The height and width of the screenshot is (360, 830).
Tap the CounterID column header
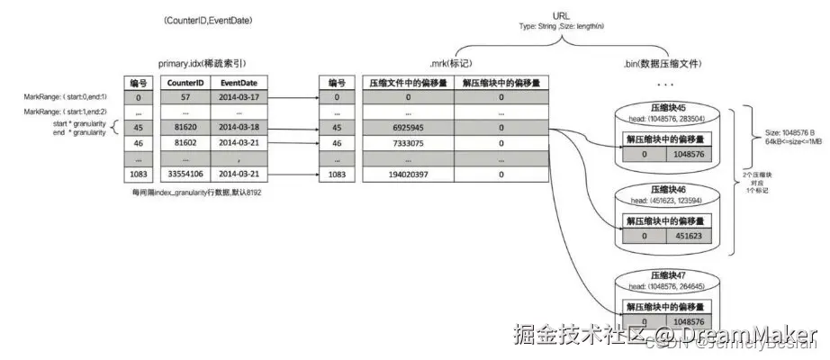(x=183, y=82)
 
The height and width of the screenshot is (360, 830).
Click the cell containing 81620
(x=183, y=128)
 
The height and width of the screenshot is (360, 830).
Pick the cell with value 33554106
(x=183, y=174)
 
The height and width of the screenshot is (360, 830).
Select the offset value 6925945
(x=408, y=128)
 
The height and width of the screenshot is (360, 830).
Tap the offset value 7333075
(x=408, y=143)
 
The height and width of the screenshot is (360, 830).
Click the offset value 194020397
(x=408, y=174)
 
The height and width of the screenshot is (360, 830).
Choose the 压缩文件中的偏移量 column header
(x=408, y=82)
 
